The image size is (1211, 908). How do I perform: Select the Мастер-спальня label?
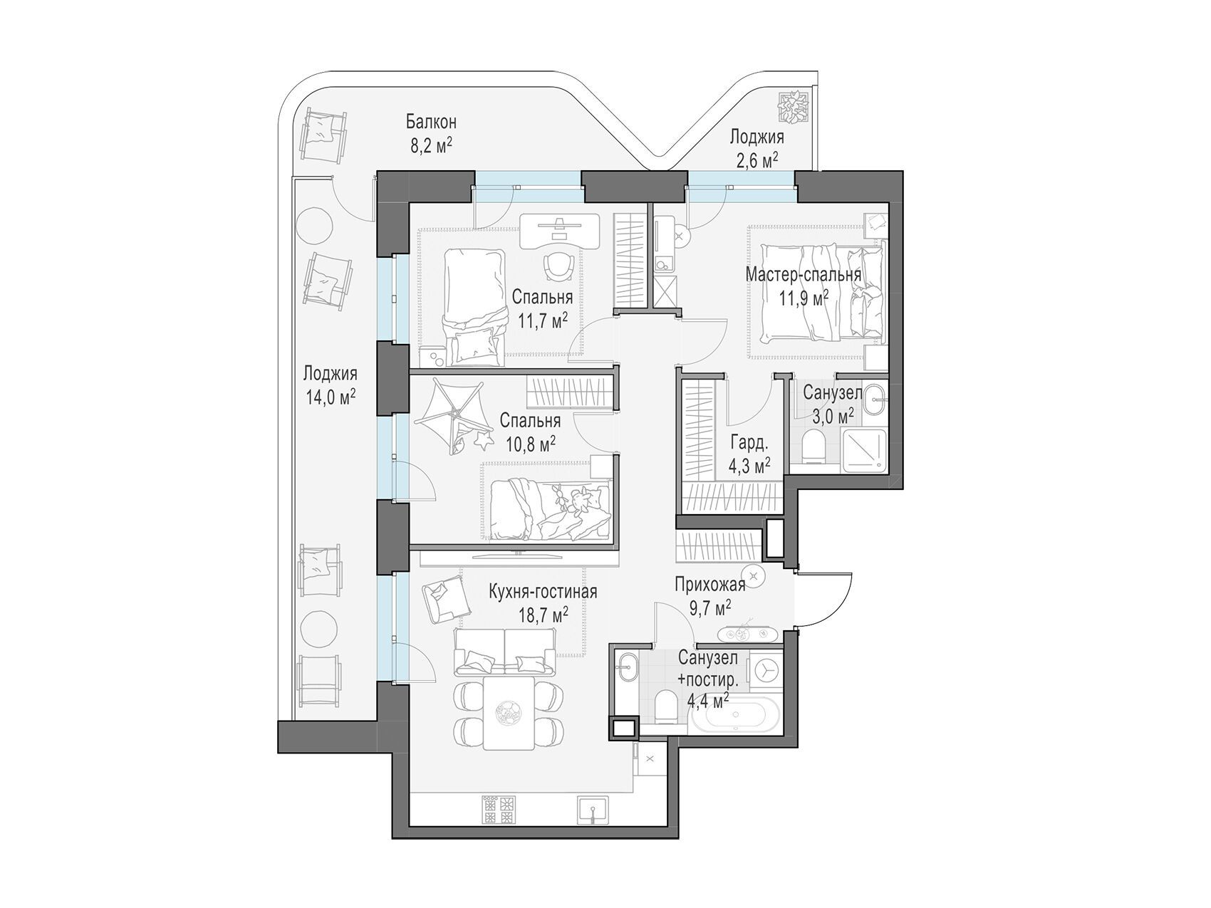pyautogui.click(x=804, y=274)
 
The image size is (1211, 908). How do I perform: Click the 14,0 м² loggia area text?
pyautogui.click(x=331, y=396)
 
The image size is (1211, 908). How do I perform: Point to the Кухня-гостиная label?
pyautogui.click(x=543, y=591)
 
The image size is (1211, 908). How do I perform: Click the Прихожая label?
pyautogui.click(x=710, y=585)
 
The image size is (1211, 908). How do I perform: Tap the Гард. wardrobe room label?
pyautogui.click(x=749, y=443)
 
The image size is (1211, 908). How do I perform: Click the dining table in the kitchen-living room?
pyautogui.click(x=508, y=713)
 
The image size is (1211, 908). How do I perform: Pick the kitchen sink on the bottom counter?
pyautogui.click(x=593, y=810)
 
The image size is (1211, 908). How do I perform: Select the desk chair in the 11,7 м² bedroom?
pyautogui.click(x=559, y=267)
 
